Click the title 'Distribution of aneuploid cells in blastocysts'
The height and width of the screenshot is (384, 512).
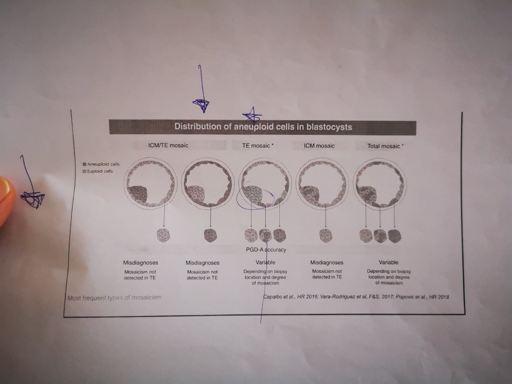pyautogui.click(x=263, y=127)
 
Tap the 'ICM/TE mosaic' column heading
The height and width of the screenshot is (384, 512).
pyautogui.click(x=168, y=146)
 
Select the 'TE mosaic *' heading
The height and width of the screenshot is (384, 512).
pyautogui.click(x=258, y=146)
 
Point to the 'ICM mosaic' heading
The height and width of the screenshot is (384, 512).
pyautogui.click(x=319, y=146)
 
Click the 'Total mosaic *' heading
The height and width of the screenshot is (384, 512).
pyautogui.click(x=385, y=146)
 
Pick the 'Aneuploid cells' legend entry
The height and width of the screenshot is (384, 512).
pyautogui.click(x=101, y=164)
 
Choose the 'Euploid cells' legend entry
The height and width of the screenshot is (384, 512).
pyautogui.click(x=98, y=172)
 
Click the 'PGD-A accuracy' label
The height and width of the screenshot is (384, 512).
pyautogui.click(x=266, y=250)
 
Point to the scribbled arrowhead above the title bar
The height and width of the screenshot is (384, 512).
pyautogui.click(x=201, y=105)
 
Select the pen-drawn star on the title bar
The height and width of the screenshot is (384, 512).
pyautogui.click(x=252, y=116)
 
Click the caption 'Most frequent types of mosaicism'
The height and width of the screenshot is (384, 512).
pyautogui.click(x=114, y=298)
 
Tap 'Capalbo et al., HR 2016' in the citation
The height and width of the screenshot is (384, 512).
pyautogui.click(x=291, y=297)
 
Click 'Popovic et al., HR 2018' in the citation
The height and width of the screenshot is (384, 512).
pyautogui.click(x=422, y=297)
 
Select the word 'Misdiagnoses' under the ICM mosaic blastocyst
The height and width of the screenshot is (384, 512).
pyautogui.click(x=327, y=262)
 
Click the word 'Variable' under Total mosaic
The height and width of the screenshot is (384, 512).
pyautogui.click(x=388, y=262)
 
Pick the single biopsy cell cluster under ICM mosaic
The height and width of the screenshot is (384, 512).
pyautogui.click(x=326, y=236)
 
